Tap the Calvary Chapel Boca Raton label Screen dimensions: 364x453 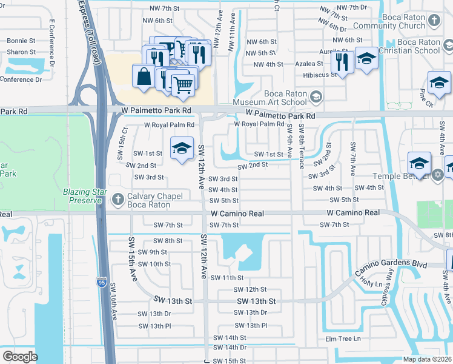(148, 201)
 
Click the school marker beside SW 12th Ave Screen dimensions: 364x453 (180, 149)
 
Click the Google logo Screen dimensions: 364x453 (21, 357)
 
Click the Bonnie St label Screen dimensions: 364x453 (21, 41)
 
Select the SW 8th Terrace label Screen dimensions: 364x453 (300, 151)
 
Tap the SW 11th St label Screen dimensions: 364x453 (226, 277)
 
